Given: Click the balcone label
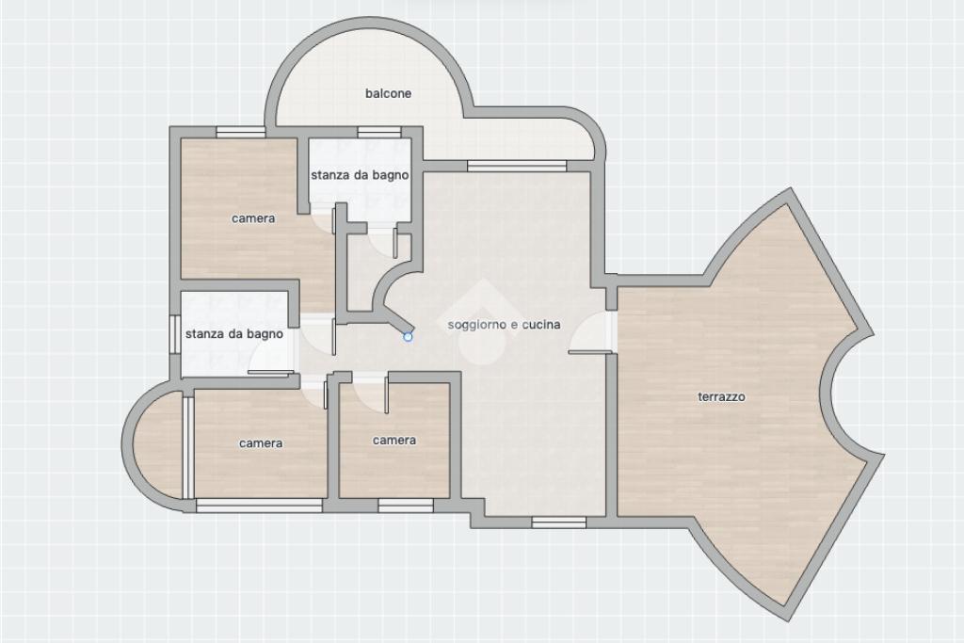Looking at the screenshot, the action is tap(388, 93).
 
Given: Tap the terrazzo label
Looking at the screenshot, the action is tap(721, 396).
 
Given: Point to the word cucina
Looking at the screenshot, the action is tap(541, 324).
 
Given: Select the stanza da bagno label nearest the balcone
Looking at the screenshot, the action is tap(360, 174).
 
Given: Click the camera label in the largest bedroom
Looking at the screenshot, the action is tap(253, 218).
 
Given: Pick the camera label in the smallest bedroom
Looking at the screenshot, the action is tap(394, 441).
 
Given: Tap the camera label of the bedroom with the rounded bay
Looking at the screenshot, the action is tap(261, 443).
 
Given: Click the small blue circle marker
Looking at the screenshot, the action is tap(408, 336).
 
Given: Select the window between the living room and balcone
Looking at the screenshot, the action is tap(517, 166).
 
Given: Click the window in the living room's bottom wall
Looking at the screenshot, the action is tap(559, 522).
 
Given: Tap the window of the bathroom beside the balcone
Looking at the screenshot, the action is tap(379, 132).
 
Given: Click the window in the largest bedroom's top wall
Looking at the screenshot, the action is tap(240, 132).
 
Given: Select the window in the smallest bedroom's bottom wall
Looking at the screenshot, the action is tap(406, 506).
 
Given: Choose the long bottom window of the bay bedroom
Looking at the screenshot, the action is tap(260, 506).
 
